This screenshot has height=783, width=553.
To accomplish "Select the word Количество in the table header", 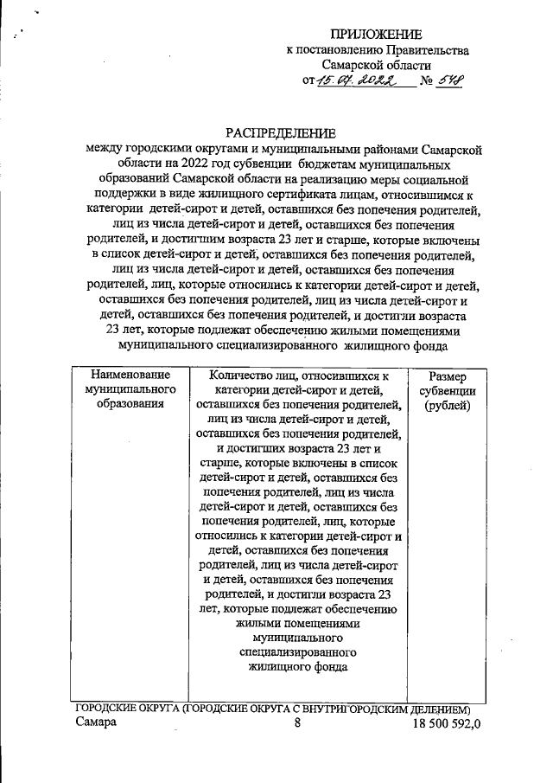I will pyautogui.click(x=246, y=375).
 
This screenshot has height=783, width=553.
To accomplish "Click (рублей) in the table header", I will pyautogui.click(x=447, y=407).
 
